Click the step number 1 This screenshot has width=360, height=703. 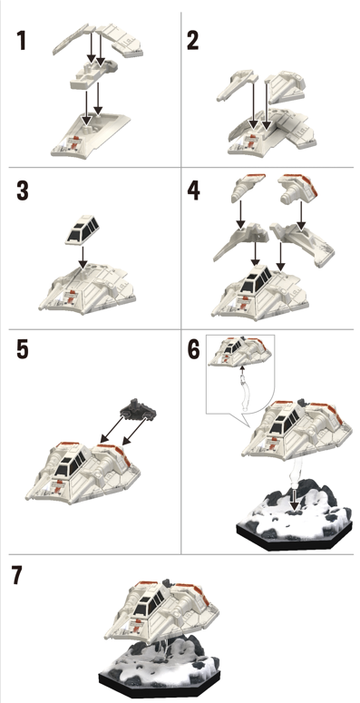coord(21,41)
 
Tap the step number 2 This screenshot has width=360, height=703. coord(193,41)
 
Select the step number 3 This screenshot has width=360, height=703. coord(23,191)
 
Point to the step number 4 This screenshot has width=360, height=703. coord(194,191)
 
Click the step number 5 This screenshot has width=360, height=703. coord(23,349)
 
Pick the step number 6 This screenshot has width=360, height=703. coord(194,349)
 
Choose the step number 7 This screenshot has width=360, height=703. coord(16,575)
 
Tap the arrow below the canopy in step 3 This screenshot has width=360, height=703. coord(83,258)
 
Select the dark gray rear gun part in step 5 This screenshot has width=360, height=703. coord(139,408)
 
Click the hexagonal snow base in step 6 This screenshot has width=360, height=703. coord(295,515)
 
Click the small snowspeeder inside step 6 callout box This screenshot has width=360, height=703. coord(241,353)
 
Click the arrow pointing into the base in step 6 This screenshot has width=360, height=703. coord(294,500)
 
